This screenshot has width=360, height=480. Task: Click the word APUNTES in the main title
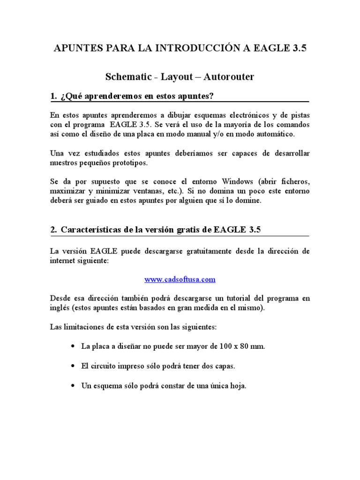point(76,49)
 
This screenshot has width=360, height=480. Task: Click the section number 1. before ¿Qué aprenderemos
point(53,97)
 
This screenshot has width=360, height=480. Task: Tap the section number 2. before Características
point(53,230)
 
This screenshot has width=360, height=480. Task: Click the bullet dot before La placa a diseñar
point(72,347)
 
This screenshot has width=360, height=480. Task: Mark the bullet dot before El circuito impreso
point(72,367)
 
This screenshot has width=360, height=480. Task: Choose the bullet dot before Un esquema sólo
point(72,386)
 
